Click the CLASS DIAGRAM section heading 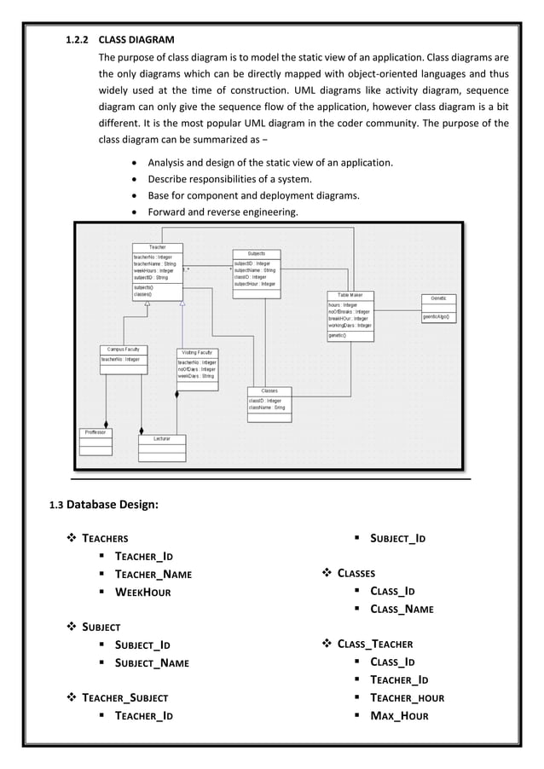(x=136, y=39)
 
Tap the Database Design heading (x=112, y=504)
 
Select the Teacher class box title (x=157, y=247)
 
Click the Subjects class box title (x=256, y=253)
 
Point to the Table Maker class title (x=350, y=295)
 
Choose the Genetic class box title (x=438, y=298)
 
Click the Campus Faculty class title (x=123, y=350)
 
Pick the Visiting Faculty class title (x=198, y=352)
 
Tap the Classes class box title (x=269, y=391)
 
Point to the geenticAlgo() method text (x=438, y=317)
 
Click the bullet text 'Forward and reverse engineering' (x=223, y=212)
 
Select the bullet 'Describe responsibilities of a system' (x=229, y=179)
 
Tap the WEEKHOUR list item (x=143, y=593)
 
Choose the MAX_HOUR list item (x=398, y=715)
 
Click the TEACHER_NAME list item (x=153, y=575)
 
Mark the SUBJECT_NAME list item (x=152, y=662)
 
